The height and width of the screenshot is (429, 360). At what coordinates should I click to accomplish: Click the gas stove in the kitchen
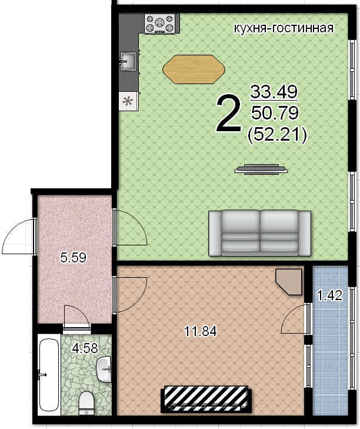(x=161, y=24)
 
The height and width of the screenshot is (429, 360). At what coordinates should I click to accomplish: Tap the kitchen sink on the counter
(x=128, y=61)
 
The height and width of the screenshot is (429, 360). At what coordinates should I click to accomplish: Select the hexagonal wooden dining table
(x=194, y=69)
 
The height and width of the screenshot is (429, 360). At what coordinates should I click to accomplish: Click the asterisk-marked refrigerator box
(x=129, y=101)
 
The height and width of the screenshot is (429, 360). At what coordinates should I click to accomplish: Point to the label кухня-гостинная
(x=284, y=28)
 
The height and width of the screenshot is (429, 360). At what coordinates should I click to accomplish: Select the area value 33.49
(x=274, y=92)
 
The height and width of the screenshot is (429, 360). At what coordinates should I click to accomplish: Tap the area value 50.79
(x=275, y=113)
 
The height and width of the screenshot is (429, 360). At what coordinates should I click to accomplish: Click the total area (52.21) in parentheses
(x=276, y=135)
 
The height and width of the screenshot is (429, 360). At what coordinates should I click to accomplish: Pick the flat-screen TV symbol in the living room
(x=261, y=169)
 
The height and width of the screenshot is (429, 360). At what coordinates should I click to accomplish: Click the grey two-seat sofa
(x=259, y=233)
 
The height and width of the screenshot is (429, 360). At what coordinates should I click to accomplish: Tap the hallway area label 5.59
(x=74, y=257)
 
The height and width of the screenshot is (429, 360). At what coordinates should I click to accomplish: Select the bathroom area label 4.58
(x=85, y=348)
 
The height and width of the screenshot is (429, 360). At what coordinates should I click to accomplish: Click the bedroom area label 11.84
(x=201, y=331)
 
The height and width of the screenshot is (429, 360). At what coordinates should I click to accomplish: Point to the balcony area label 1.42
(x=329, y=295)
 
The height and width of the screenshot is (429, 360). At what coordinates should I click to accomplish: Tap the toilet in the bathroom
(x=86, y=403)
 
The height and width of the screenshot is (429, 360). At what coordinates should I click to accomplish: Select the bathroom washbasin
(x=105, y=369)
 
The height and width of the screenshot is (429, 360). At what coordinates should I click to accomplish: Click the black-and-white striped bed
(x=206, y=399)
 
